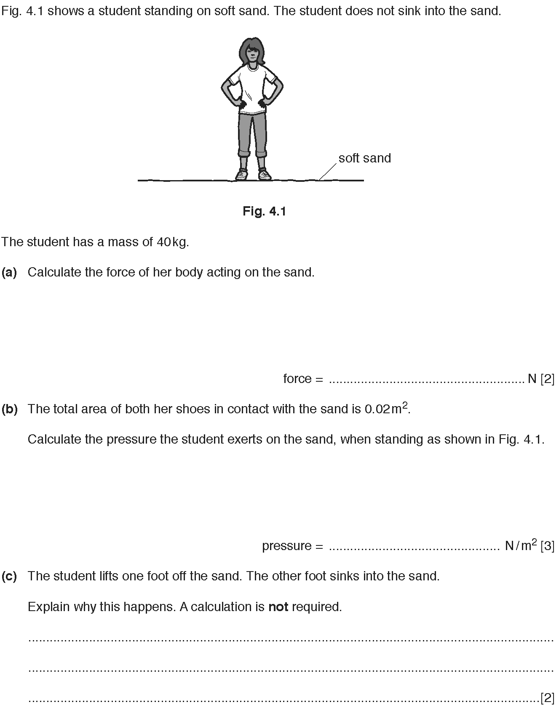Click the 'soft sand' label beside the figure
pos(364,158)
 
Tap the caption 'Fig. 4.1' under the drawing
pos(264,211)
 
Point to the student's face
pos(251,52)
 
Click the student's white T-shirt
pos(252,88)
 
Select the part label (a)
pos(9,272)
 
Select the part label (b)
pos(9,409)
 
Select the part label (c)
pos(9,576)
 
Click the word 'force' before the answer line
pos(297,379)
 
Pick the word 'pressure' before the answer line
pos(286,546)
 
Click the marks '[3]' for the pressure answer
pos(547,546)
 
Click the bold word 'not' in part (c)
pos(278,606)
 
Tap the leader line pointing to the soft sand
pos(327,172)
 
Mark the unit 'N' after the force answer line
pos(532,379)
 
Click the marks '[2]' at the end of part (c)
pos(547,698)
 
